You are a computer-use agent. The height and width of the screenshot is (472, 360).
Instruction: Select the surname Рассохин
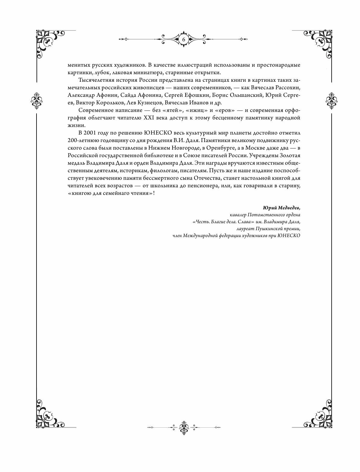285,88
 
